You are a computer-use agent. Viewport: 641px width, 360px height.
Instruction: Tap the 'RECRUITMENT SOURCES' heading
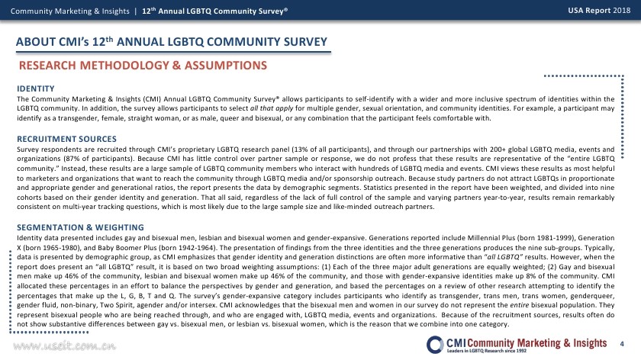click(x=60, y=140)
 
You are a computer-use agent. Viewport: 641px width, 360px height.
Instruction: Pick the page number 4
click(x=622, y=344)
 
